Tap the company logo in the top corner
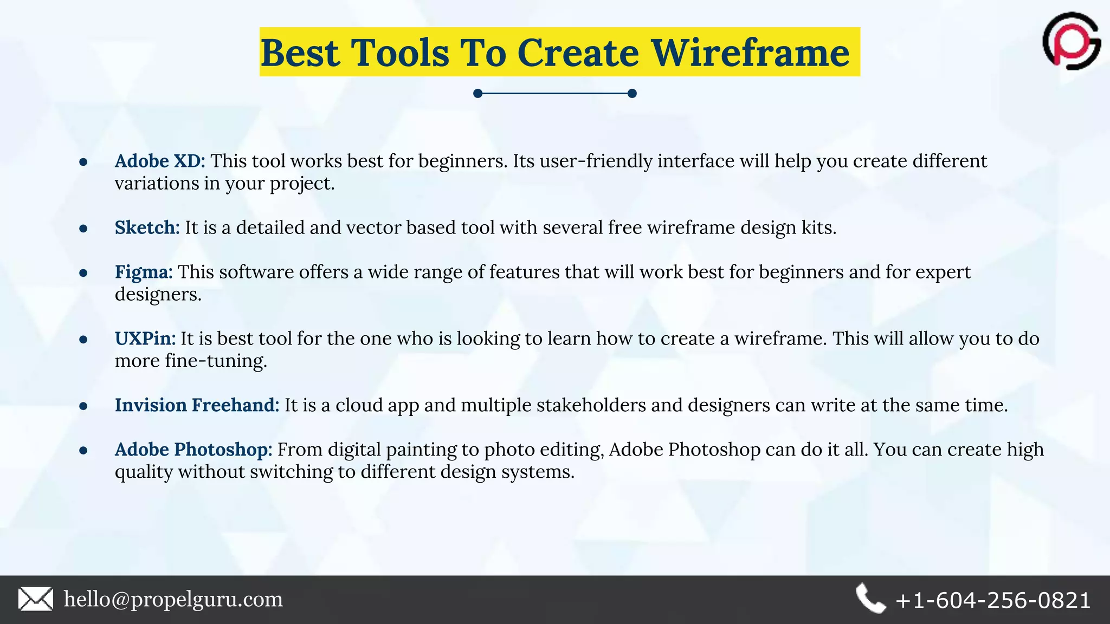(x=1071, y=41)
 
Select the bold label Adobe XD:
(x=160, y=161)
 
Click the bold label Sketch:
(x=147, y=227)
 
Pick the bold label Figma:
(x=144, y=272)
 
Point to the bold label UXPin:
(x=145, y=339)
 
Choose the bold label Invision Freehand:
(x=197, y=405)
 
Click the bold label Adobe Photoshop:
(x=193, y=450)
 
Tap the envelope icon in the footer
(x=36, y=599)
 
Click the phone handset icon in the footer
(x=870, y=599)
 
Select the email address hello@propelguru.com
(x=173, y=599)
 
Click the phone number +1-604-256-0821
(x=993, y=600)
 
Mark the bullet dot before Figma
(x=83, y=273)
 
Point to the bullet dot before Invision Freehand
(x=83, y=406)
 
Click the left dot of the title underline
(x=477, y=94)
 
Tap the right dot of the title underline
(x=632, y=94)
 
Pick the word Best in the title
(x=300, y=53)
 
